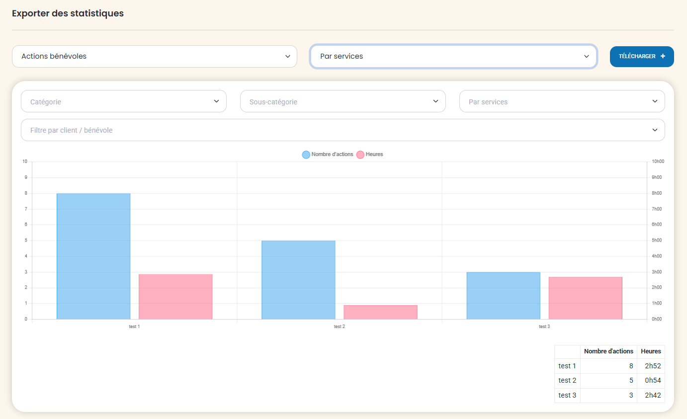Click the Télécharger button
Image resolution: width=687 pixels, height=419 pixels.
(x=641, y=57)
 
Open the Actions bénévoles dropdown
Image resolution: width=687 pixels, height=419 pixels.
(x=154, y=57)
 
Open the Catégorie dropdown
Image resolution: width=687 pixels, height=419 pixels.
(x=123, y=101)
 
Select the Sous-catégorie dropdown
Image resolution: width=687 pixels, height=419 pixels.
(x=343, y=101)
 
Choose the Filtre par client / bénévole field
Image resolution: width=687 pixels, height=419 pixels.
(x=343, y=130)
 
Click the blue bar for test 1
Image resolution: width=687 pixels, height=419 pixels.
(x=93, y=256)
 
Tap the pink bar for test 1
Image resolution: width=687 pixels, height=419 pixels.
(x=175, y=297)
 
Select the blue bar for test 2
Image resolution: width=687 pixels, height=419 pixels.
(x=298, y=280)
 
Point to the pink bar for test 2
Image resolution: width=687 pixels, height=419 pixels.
(x=380, y=312)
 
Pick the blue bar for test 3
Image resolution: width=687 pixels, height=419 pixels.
(x=503, y=296)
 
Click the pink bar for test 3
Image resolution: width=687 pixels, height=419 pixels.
(x=585, y=298)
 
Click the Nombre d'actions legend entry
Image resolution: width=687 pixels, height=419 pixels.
(x=328, y=155)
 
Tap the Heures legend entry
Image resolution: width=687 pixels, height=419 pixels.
(x=370, y=155)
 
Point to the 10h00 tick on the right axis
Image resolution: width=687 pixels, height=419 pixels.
(x=658, y=162)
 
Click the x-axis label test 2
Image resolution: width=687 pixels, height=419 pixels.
(x=340, y=327)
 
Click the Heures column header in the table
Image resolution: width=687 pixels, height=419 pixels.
(x=651, y=351)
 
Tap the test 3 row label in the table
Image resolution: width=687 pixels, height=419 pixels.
(x=567, y=395)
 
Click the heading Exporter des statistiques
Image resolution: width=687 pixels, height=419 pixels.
(x=68, y=13)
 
